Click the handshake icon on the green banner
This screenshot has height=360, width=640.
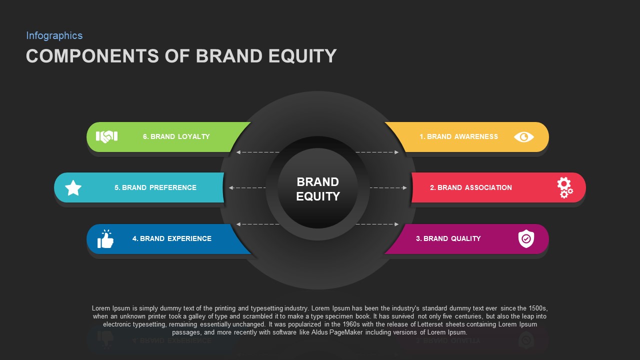106,136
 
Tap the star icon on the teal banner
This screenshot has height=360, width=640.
73,188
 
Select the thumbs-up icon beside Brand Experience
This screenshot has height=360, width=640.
105,239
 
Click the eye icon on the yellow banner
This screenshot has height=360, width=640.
523,137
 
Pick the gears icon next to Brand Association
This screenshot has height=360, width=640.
564,187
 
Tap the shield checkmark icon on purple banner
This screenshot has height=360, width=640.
526,239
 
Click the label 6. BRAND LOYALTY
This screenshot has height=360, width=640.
176,136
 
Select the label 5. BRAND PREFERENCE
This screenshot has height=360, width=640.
155,187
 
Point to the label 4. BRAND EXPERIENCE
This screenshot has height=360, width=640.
171,238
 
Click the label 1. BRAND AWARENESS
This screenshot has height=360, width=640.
458,136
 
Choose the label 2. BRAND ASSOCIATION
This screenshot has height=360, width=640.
470,187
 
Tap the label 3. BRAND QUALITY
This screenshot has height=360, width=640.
448,238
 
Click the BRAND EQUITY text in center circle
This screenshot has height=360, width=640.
317,189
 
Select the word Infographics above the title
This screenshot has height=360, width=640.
54,35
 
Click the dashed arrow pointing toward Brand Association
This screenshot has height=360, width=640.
388,187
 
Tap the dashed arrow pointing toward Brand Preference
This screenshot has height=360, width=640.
247,187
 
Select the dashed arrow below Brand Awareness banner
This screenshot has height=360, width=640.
377,152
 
